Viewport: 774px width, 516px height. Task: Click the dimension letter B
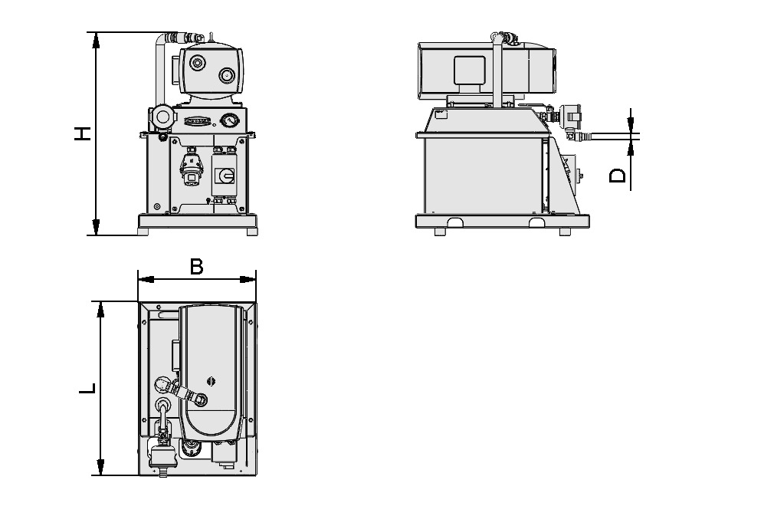196,266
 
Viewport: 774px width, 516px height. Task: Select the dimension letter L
89,388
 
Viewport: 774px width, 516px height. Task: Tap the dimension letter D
618,176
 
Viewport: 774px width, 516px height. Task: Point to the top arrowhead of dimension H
96,39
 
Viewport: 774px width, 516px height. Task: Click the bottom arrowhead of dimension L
100,468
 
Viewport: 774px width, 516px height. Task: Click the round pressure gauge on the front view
228,120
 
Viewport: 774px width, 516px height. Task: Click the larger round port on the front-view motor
228,75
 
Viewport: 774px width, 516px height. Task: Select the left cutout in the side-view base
454,224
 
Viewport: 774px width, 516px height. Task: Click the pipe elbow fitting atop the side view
502,36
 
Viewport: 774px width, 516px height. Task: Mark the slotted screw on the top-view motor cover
212,380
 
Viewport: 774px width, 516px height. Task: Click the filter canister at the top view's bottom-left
162,457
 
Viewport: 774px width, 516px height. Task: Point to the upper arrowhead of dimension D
630,123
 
